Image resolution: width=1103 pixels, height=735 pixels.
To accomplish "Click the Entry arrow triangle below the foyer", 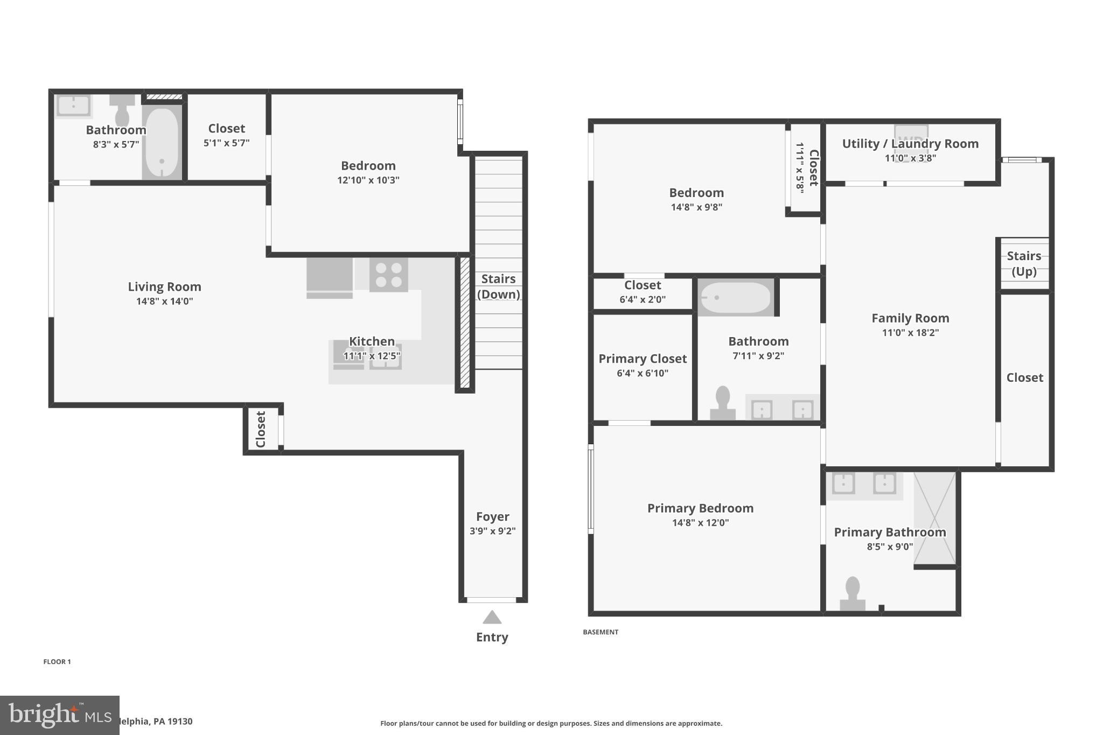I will point(492,618).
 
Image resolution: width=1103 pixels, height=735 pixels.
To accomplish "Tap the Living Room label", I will point(164,287).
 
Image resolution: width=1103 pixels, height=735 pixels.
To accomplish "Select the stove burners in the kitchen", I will point(388,275).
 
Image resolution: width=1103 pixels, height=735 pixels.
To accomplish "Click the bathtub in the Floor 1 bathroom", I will point(162,143).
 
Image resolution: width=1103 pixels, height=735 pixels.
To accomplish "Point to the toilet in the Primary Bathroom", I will point(852,594).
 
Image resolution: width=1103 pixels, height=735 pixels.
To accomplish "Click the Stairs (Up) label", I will point(1024,263).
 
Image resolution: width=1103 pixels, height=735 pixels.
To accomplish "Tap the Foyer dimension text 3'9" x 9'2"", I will point(492,531).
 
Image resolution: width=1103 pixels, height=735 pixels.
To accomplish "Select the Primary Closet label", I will point(643,359).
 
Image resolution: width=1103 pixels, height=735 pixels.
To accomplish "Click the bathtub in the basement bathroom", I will point(735,297).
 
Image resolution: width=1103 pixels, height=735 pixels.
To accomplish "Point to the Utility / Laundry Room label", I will point(910,144).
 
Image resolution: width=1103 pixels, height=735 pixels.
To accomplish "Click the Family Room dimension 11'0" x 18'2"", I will point(910,333).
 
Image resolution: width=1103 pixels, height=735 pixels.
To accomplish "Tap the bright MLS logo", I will point(59,715).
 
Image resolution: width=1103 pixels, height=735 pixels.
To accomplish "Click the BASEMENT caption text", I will point(601,632).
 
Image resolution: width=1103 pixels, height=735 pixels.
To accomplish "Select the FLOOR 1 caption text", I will point(57,662).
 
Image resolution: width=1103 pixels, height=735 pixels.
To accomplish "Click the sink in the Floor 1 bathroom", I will point(73,106).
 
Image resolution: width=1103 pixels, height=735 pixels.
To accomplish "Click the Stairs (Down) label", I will point(498,286).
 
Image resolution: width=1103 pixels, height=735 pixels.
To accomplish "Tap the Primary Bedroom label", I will point(700,508).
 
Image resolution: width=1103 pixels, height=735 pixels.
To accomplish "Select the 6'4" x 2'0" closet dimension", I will point(643,300).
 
